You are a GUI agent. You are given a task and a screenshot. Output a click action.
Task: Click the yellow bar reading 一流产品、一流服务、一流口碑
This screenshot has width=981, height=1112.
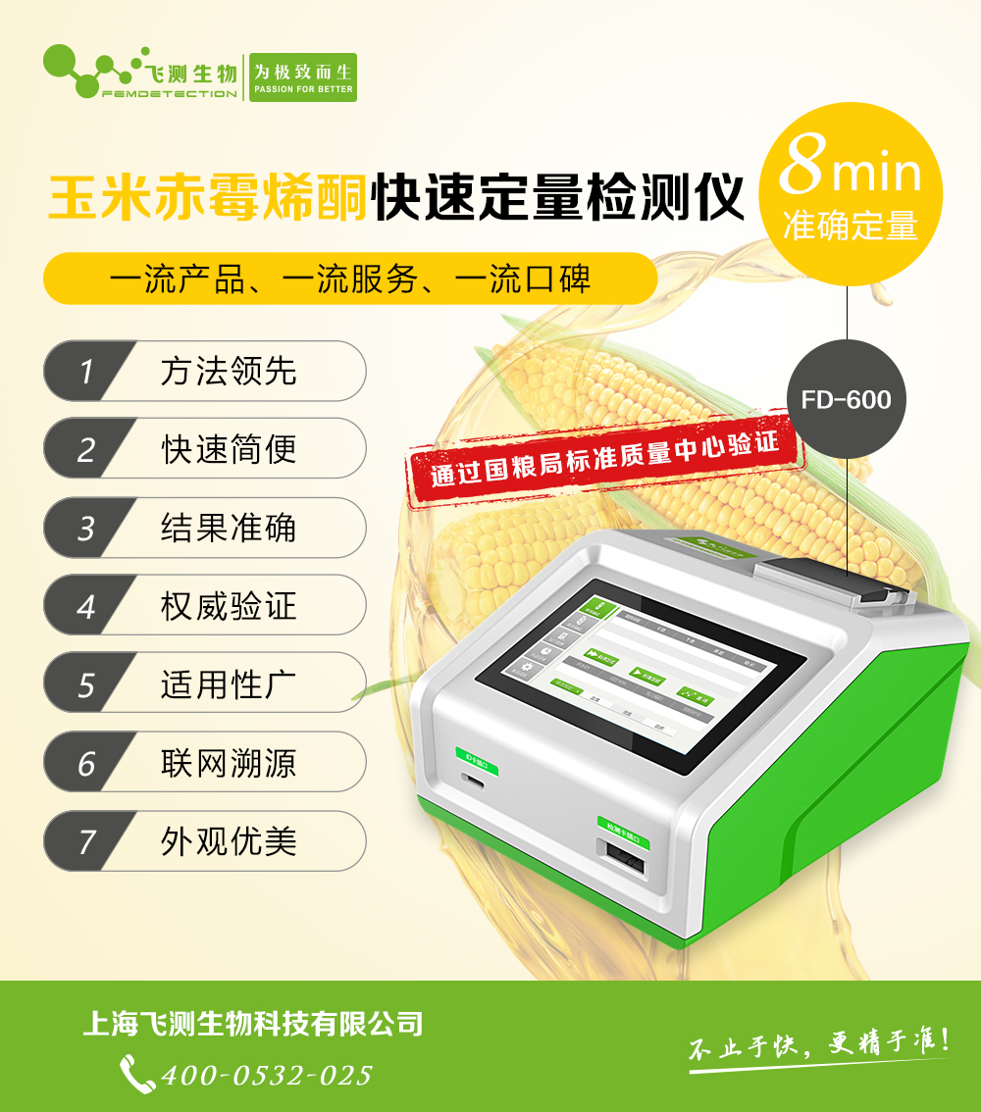pos(349,279)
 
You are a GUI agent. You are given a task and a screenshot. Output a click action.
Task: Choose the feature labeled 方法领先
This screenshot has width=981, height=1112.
pos(228,372)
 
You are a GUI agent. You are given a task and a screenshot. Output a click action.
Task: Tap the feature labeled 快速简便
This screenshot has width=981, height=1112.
pos(228,449)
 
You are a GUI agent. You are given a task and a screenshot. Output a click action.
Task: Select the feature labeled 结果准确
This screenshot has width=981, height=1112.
pos(228,528)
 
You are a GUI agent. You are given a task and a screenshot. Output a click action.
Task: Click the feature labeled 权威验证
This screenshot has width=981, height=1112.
pos(228,606)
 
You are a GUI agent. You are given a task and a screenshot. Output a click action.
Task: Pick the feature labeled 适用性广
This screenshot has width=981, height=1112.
pos(228,684)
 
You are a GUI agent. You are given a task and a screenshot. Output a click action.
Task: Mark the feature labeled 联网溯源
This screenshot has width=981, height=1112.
pos(228,763)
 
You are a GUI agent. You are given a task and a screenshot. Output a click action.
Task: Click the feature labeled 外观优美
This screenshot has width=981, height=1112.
pos(228,841)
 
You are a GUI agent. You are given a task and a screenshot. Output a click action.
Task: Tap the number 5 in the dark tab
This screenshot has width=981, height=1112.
pos(86,684)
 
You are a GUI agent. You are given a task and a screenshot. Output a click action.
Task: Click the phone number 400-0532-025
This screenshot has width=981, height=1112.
pos(267,1075)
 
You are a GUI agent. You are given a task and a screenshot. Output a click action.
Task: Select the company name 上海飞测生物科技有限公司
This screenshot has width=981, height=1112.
pos(253,1025)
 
